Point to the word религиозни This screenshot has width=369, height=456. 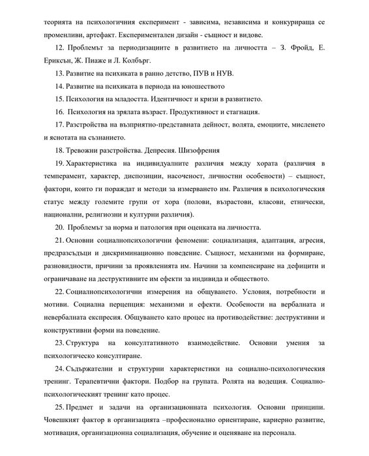(96, 214)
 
